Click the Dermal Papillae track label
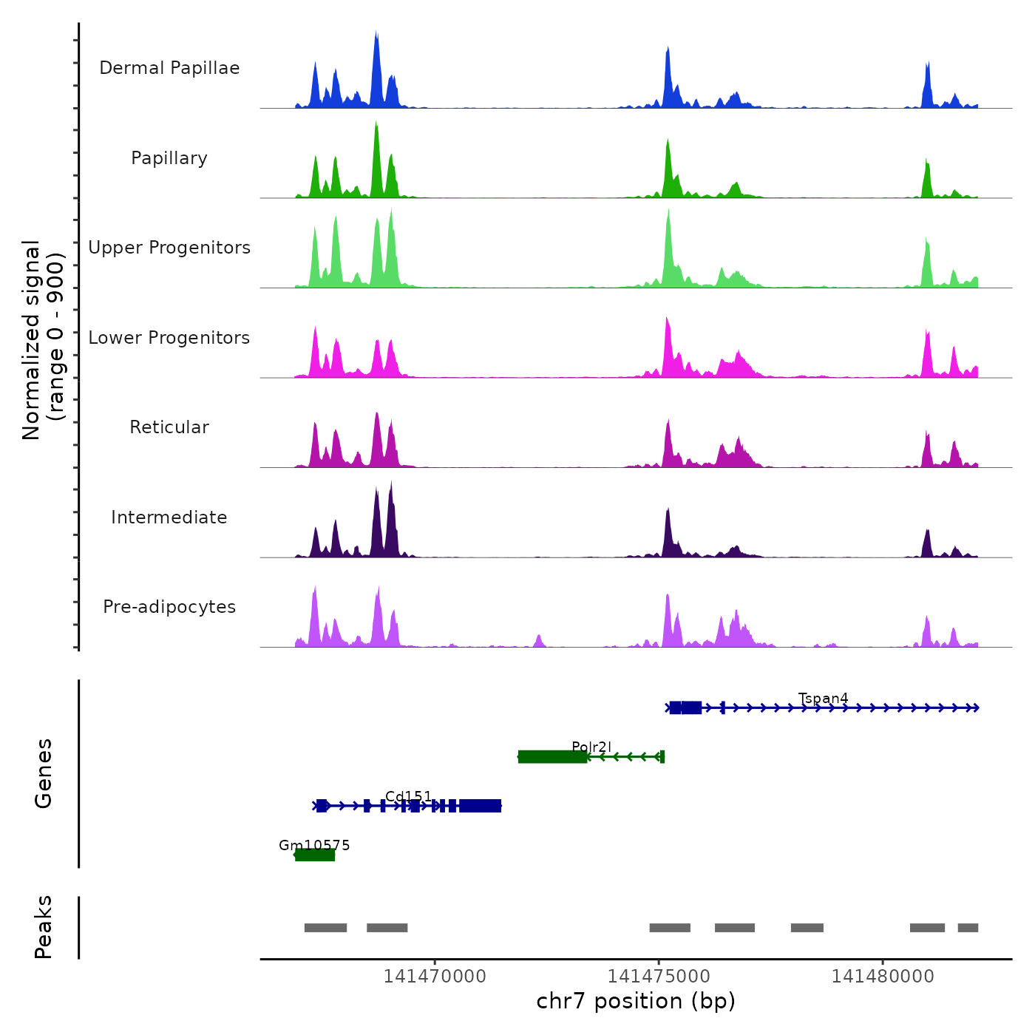click(x=169, y=68)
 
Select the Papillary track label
click(x=169, y=158)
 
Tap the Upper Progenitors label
click(x=169, y=248)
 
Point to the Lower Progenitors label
click(x=169, y=338)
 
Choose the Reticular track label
click(x=169, y=427)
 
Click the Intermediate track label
click(x=169, y=517)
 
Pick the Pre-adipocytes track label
click(x=169, y=607)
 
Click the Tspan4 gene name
click(x=823, y=699)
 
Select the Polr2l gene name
click(x=591, y=747)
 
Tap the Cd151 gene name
click(x=408, y=797)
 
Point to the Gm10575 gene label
click(x=314, y=845)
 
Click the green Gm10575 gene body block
click(x=316, y=855)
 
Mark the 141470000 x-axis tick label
click(x=435, y=977)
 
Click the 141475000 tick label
click(x=659, y=977)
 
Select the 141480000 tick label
click(x=883, y=977)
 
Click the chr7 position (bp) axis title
click(x=636, y=1001)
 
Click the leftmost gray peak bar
click(x=325, y=928)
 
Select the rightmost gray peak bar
click(x=968, y=928)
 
